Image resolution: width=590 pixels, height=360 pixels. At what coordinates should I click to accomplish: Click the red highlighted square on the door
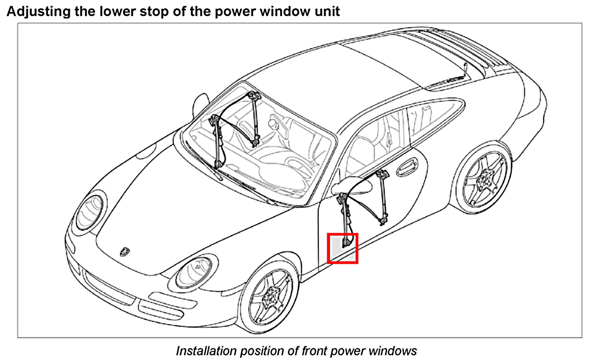click(x=342, y=248)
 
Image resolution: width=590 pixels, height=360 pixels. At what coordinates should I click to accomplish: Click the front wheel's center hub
click(x=269, y=297)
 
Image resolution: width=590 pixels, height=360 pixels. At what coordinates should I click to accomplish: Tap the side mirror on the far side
click(x=201, y=102)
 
